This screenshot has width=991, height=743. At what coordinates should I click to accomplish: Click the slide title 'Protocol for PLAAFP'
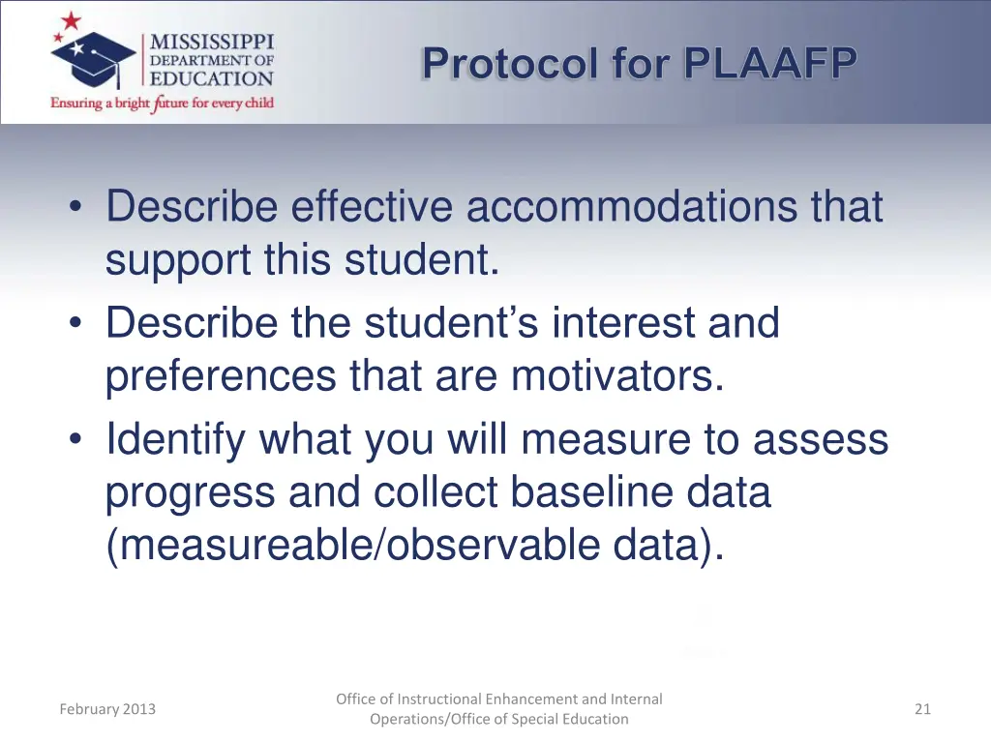coord(640,65)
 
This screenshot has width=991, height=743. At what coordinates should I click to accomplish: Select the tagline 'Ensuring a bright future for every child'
coord(163,103)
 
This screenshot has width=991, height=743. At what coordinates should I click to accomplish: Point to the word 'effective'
coord(373,207)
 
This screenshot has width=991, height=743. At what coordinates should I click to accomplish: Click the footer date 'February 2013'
coord(107,709)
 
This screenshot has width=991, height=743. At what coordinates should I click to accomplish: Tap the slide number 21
coord(922,709)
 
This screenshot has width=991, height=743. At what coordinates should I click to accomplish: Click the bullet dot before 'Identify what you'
coord(76,440)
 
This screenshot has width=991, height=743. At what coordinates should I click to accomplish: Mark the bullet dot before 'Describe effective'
coord(76,208)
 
